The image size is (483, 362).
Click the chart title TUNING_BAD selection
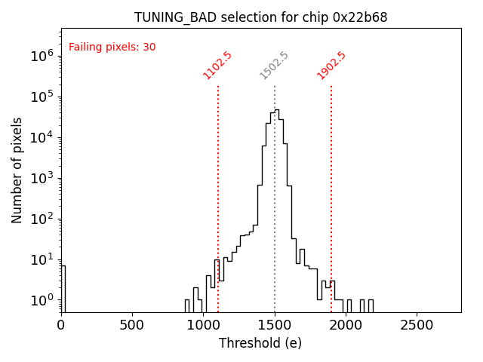(x=260, y=17)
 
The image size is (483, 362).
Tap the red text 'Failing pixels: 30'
(x=112, y=47)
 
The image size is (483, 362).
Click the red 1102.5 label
(x=217, y=66)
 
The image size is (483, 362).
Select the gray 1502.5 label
(x=274, y=66)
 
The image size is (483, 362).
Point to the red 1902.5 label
(x=331, y=66)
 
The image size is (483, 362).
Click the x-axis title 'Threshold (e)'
(x=260, y=343)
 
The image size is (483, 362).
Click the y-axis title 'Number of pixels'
(x=17, y=170)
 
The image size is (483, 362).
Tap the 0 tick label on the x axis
(x=61, y=325)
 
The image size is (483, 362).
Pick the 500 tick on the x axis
(x=132, y=325)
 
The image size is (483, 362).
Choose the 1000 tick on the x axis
(x=203, y=325)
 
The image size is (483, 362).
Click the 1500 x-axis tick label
(x=275, y=325)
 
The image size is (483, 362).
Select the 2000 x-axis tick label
(x=346, y=325)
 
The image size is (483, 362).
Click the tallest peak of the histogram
(x=277, y=110)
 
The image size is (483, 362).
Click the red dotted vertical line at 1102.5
(x=218, y=196)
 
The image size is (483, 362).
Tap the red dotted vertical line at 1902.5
(x=331, y=196)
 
